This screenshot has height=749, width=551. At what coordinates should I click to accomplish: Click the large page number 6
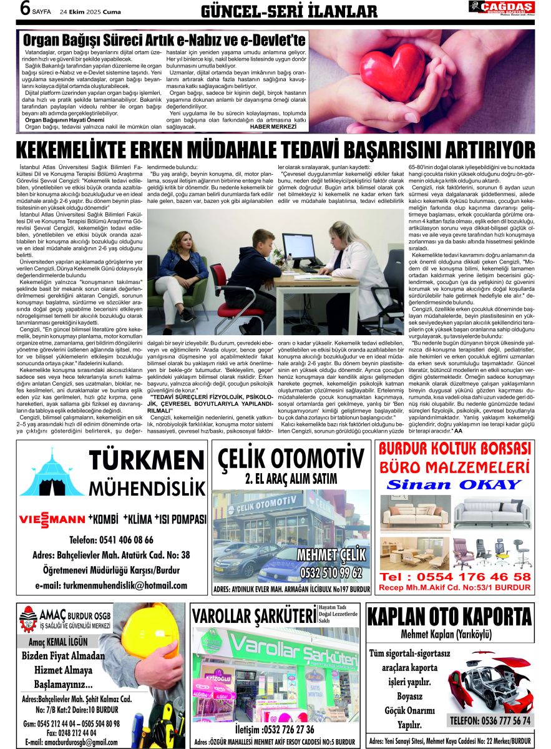coord(25,9)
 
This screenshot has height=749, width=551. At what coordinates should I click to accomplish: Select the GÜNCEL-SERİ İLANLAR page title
coord(289,11)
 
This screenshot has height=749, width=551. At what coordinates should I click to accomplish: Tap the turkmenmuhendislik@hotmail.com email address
coord(111,585)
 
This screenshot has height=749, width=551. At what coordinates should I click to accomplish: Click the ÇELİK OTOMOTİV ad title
coord(291,461)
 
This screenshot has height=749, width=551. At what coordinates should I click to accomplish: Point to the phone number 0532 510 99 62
coord(331,572)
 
